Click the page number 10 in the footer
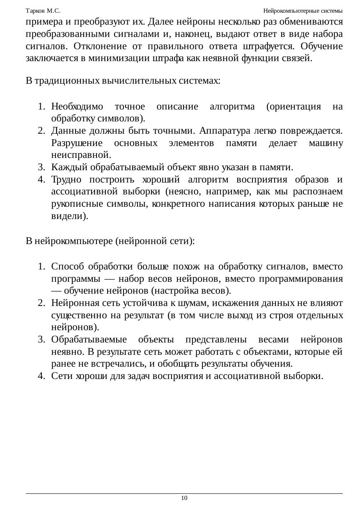click(x=184, y=498)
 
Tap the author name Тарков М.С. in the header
click(x=43, y=10)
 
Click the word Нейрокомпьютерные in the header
click(x=290, y=10)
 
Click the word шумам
click(x=188, y=303)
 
